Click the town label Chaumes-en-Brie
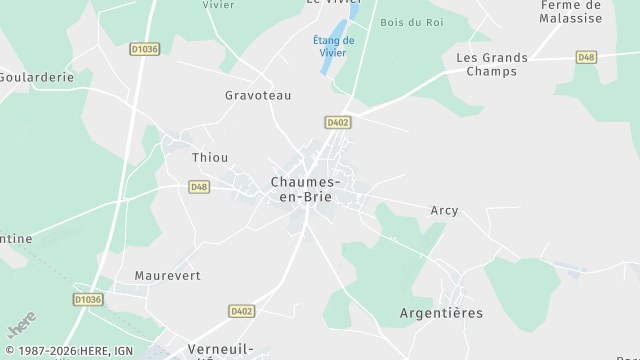pos(307,189)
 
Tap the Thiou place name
pos(210,157)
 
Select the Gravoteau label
pos(258,95)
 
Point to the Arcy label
pos(444,210)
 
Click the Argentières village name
pos(440,313)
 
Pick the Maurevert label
pos(168,275)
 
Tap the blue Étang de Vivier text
pos(334,46)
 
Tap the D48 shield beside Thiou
pos(199,187)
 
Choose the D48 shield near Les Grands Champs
pos(587,57)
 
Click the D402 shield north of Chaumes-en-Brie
pos(337,121)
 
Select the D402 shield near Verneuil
pos(241,311)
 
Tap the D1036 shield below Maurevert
pos(88,299)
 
